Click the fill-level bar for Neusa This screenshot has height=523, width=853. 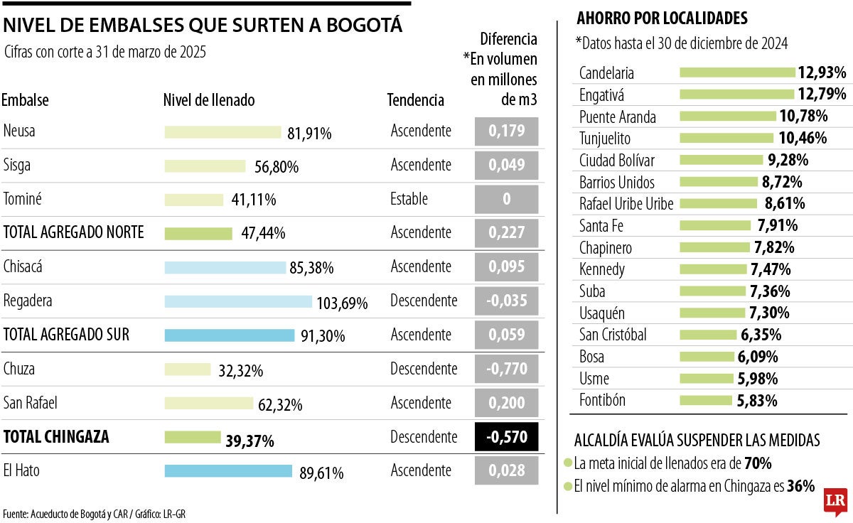click(x=222, y=132)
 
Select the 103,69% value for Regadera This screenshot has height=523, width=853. click(x=342, y=303)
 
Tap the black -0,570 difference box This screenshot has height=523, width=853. click(x=506, y=437)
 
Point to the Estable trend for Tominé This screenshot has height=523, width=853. click(x=409, y=199)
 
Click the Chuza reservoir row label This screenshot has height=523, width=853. click(x=19, y=369)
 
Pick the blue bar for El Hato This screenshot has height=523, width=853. click(x=228, y=471)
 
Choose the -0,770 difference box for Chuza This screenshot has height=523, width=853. click(x=506, y=369)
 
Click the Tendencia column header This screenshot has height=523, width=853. click(x=415, y=100)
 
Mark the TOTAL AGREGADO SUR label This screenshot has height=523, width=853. click(x=67, y=335)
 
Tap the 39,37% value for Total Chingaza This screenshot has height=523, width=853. click(x=250, y=441)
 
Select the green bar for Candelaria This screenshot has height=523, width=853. click(x=737, y=72)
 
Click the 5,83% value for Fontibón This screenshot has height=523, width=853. click(x=757, y=401)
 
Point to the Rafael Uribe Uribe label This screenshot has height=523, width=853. click(x=626, y=204)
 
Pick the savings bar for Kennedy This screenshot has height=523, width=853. click(x=713, y=269)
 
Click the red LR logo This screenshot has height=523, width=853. click(x=835, y=502)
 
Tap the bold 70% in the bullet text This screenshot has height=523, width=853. click(x=758, y=464)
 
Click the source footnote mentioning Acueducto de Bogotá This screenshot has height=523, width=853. click(x=94, y=514)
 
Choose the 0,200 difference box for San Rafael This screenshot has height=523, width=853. click(x=506, y=403)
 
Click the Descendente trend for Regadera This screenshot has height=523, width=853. click(x=424, y=301)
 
